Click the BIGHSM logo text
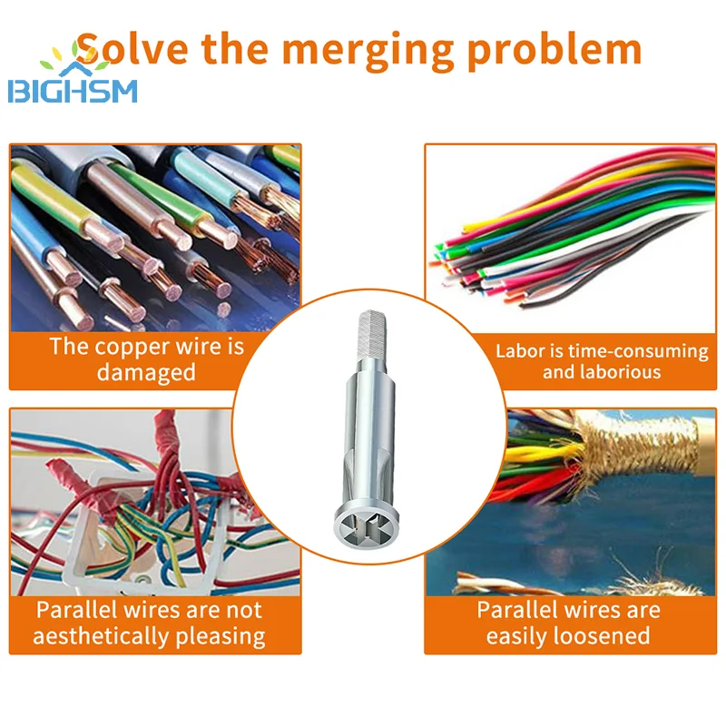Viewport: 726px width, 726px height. click(x=73, y=92)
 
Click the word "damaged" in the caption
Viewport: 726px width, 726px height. click(x=146, y=372)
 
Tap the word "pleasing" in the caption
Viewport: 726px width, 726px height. click(x=223, y=635)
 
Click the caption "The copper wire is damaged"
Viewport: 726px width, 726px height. click(x=146, y=358)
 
